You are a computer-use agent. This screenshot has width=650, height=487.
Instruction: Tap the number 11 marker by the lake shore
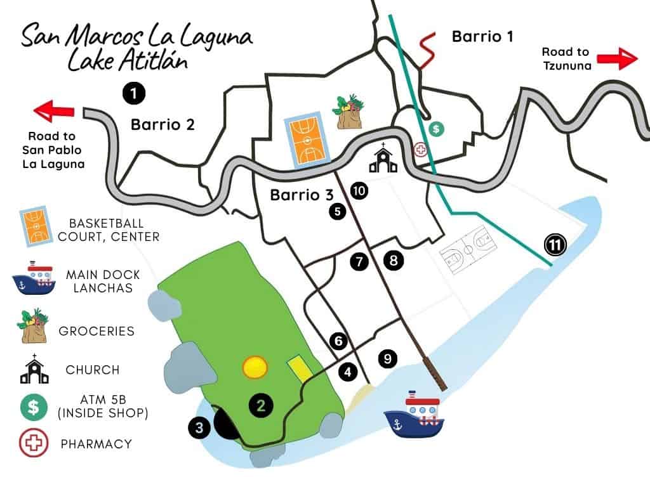tap(556, 245)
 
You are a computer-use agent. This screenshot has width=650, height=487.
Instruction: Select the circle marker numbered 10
tap(359, 191)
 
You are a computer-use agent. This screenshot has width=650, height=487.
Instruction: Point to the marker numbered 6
tap(338, 341)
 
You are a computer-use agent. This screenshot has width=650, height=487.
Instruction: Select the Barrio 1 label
tap(482, 37)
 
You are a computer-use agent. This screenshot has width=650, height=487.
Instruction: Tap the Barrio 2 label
tap(162, 124)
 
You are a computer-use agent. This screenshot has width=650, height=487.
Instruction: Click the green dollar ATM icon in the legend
tap(33, 406)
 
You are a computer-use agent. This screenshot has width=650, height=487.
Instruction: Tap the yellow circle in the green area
tap(255, 367)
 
